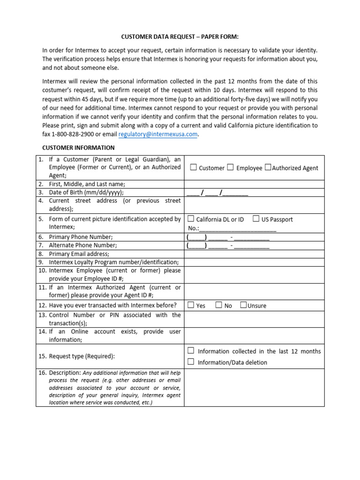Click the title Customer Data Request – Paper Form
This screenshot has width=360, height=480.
point(180,37)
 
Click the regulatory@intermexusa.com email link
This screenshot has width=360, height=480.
point(158,135)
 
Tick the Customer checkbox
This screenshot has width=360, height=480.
point(193,167)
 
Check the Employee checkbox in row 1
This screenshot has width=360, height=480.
point(230,167)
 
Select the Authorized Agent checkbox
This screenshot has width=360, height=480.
point(268,167)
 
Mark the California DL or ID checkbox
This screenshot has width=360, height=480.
point(191,218)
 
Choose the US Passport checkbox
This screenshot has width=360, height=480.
point(256,218)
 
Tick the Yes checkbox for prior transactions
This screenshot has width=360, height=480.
point(191,305)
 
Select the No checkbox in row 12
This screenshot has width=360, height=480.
point(219,305)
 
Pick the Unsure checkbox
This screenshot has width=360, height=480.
point(243,305)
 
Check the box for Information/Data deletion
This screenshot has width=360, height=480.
point(191,362)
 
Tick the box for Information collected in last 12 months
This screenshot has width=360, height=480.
point(191,351)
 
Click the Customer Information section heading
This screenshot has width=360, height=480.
point(75,148)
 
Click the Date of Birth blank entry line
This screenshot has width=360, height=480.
point(217,193)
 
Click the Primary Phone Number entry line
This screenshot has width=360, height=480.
point(228,237)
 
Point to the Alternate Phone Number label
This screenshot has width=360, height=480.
point(83,245)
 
